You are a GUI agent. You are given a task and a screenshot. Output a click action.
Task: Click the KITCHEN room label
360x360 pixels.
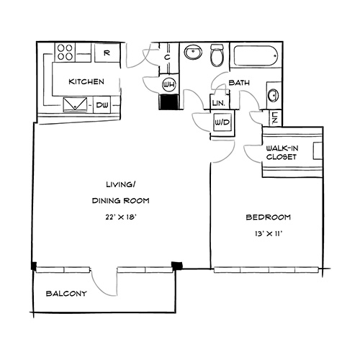(86, 81)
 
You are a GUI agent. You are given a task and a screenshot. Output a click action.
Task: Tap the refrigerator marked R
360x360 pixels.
(107, 53)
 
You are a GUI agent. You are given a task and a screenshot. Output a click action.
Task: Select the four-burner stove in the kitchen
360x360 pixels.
(65, 53)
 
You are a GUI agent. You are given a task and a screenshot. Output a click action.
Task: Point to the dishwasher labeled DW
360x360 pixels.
(102, 105)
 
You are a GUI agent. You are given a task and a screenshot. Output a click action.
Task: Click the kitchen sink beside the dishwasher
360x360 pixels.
(75, 104)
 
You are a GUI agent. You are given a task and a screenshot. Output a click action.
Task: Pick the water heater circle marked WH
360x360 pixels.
(169, 84)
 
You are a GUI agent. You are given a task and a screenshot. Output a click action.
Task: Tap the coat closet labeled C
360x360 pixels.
(167, 58)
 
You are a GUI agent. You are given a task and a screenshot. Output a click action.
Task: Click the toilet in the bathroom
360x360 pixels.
(217, 55)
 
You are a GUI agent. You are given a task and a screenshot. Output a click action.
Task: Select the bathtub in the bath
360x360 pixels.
(256, 56)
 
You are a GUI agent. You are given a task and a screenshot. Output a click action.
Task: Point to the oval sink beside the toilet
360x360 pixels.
(193, 53)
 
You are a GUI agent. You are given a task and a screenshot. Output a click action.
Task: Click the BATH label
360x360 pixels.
(239, 83)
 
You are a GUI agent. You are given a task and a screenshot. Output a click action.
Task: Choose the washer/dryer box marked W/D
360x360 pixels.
(222, 122)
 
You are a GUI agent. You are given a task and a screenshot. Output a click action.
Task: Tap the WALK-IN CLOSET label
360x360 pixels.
(282, 153)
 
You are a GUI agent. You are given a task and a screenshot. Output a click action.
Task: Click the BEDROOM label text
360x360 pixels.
(269, 217)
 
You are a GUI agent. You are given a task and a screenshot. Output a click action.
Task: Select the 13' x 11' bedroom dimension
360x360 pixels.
(269, 234)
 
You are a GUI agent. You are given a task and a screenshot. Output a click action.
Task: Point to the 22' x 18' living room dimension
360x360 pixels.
(121, 217)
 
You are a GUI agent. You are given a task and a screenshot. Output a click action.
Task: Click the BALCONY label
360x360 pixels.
(66, 293)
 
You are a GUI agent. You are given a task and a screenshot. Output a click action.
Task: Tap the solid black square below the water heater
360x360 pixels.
(168, 102)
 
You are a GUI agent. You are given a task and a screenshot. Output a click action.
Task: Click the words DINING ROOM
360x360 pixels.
(121, 200)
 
